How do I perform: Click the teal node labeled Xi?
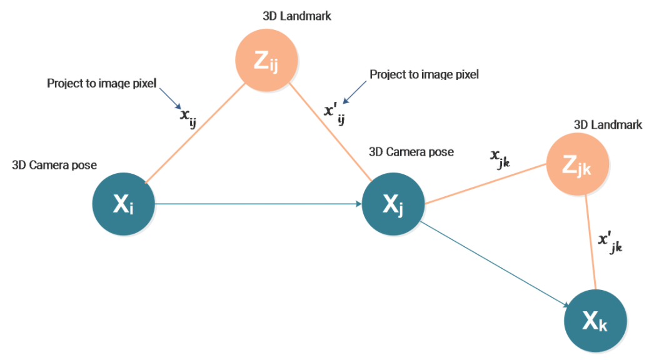point(123,204)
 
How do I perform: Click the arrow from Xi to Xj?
point(256,204)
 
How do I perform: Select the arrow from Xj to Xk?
point(494,263)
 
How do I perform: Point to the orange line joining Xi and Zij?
point(194,134)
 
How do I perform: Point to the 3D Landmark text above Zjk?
point(608,125)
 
